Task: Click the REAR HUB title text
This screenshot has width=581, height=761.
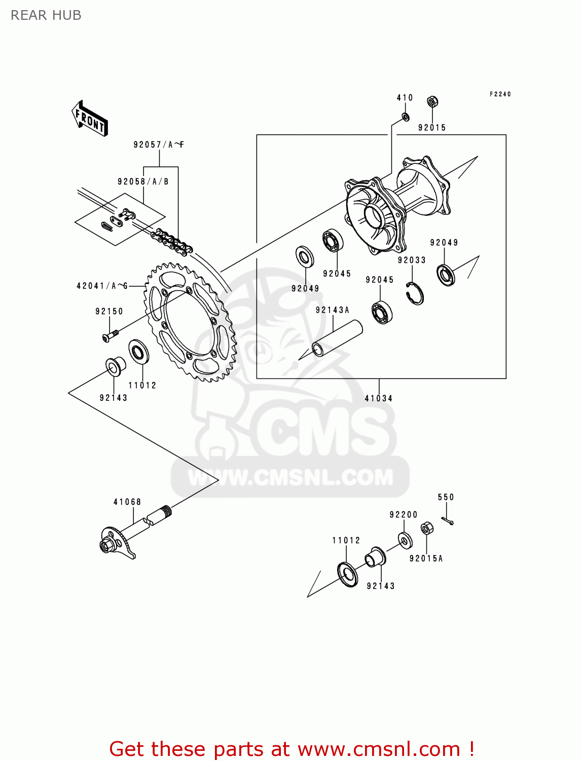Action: pos(46,15)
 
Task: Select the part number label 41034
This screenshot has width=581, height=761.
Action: pos(378,398)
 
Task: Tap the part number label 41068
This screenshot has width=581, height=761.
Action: pos(127,502)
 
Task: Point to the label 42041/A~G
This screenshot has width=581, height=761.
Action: pos(102,286)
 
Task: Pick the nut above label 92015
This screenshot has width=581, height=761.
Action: pos(432,102)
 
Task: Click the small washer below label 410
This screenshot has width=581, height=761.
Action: pos(406,117)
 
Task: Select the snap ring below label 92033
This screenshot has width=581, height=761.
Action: pos(415,294)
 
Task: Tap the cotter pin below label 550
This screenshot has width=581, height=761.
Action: pos(447,520)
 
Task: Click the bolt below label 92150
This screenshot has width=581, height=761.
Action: pos(110,335)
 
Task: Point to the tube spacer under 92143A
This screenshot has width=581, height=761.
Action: pos(337,339)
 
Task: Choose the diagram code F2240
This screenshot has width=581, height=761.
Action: pos(500,94)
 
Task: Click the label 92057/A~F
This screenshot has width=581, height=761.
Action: pos(159,145)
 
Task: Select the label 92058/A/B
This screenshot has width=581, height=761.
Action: pos(143,182)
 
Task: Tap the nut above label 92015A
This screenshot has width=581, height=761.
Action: pos(427,529)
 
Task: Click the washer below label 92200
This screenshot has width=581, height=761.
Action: pos(405,540)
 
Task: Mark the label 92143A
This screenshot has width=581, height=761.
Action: pos(332,310)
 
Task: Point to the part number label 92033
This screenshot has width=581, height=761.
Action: pos(412,260)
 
